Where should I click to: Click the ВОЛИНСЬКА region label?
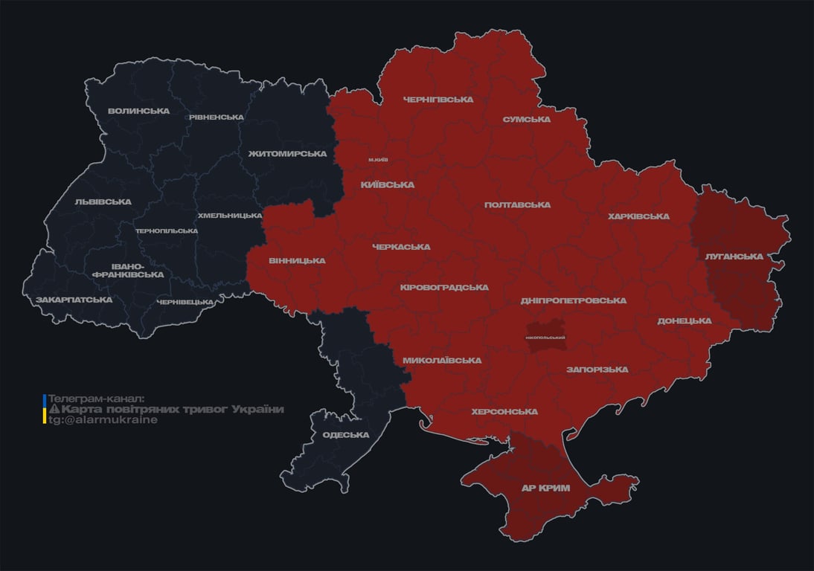[x=138, y=111]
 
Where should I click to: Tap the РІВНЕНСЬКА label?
[x=216, y=117]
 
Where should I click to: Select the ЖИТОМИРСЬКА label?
[x=287, y=154]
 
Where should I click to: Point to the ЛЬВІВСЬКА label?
[x=103, y=201]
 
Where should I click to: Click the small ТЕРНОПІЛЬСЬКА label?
[x=167, y=230]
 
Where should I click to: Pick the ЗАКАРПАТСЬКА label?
[x=74, y=300]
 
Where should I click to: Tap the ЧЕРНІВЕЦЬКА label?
[x=185, y=302]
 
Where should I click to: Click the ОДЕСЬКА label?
[x=346, y=435]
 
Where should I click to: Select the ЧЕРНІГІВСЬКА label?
[x=438, y=99]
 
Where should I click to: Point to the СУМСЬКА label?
[x=526, y=119]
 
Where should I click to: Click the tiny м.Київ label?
[x=377, y=160]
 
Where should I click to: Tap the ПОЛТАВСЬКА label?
[x=517, y=204]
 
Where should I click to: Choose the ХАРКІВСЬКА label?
[x=638, y=216]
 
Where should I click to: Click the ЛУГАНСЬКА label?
[x=734, y=256]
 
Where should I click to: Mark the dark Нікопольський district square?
[x=545, y=337]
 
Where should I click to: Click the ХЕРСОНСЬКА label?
[x=504, y=411]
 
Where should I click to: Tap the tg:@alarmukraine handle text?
[x=103, y=420]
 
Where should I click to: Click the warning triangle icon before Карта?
[x=54, y=410]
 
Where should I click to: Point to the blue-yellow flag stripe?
[x=45, y=410]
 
